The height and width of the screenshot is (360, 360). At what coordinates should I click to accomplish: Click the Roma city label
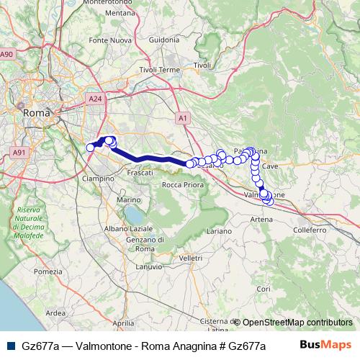(x=37, y=113)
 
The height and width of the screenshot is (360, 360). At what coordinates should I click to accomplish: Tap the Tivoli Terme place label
(x=158, y=70)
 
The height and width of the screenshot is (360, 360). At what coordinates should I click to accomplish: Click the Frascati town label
(x=140, y=174)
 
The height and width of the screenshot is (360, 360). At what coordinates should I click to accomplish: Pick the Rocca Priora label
(x=183, y=185)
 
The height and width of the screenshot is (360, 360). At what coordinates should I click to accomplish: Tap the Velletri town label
(x=192, y=258)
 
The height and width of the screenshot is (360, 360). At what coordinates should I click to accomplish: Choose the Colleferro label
(x=310, y=230)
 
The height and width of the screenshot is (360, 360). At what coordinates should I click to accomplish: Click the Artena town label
(x=261, y=219)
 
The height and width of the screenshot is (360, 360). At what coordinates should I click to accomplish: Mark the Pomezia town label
(x=48, y=271)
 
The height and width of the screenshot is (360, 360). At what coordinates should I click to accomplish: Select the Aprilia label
(x=124, y=323)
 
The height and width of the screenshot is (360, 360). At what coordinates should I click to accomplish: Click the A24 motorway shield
(x=94, y=98)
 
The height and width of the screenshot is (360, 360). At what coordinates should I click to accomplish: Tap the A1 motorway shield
(x=182, y=117)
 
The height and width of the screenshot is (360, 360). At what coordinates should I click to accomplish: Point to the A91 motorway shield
(x=19, y=153)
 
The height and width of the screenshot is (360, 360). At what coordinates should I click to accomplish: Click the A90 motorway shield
(x=7, y=54)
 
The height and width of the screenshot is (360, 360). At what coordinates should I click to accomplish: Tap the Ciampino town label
(x=98, y=178)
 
